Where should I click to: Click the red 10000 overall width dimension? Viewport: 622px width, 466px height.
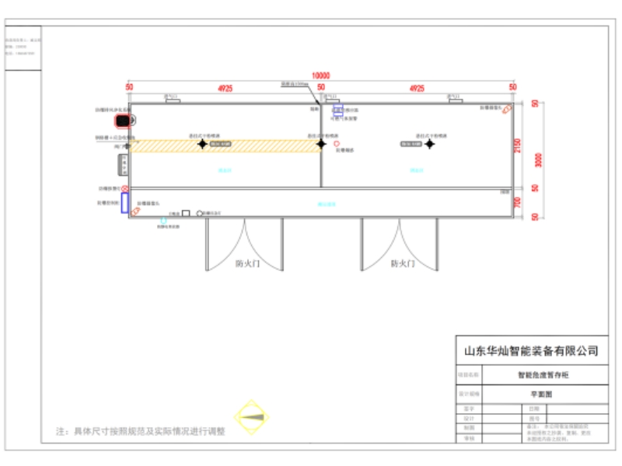coord(320,75)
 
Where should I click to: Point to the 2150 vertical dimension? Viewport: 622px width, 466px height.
coord(518,145)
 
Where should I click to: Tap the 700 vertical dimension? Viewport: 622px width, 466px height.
coord(518,202)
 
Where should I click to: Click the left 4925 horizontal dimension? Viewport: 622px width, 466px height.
coord(225,88)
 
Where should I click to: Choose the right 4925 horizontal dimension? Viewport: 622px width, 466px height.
coord(417,88)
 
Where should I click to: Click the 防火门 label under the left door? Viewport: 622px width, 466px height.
coord(247,263)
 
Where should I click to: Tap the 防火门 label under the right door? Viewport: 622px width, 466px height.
coord(402,263)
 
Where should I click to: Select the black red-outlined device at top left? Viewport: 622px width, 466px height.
coord(124,120)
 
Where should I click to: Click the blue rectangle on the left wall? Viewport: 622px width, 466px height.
coord(124,203)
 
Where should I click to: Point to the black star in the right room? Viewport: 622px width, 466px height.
coord(429,144)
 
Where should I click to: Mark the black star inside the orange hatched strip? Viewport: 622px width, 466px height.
coord(201,144)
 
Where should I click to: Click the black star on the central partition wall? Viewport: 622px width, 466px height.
coord(320,144)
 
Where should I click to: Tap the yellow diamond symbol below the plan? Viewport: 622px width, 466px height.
coord(250,418)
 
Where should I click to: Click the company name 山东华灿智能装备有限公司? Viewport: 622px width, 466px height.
coord(530,351)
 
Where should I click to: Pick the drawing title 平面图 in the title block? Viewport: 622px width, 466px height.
coord(530,395)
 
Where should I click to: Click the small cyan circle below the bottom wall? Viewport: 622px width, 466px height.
coord(163,221)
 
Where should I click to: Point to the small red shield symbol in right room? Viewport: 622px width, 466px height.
coord(336,144)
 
